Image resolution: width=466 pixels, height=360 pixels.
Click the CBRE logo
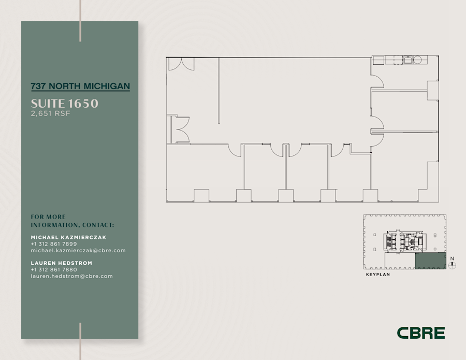pyautogui.click(x=420, y=333)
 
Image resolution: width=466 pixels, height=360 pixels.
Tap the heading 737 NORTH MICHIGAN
pyautogui.click(x=80, y=87)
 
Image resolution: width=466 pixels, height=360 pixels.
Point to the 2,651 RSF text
pyautogui.click(x=50, y=113)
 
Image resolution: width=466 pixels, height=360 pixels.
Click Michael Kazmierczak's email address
pyautogui.click(x=78, y=251)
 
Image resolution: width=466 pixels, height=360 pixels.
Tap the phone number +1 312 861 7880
pyautogui.click(x=54, y=269)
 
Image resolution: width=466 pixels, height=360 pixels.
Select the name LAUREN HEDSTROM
pyautogui.click(x=62, y=263)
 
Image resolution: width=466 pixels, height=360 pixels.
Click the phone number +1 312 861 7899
pyautogui.click(x=54, y=244)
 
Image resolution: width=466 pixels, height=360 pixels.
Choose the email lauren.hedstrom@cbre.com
pyautogui.click(x=71, y=276)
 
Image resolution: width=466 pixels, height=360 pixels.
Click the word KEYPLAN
pyautogui.click(x=377, y=275)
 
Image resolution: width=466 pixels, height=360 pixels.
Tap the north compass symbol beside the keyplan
pyautogui.click(x=453, y=265)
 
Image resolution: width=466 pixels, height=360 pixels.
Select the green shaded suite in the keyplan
pyautogui.click(x=430, y=261)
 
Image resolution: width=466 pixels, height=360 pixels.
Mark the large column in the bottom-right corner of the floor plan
pyautogui.click(x=428, y=182)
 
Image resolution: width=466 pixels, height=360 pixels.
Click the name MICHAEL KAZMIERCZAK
pyautogui.click(x=68, y=237)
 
